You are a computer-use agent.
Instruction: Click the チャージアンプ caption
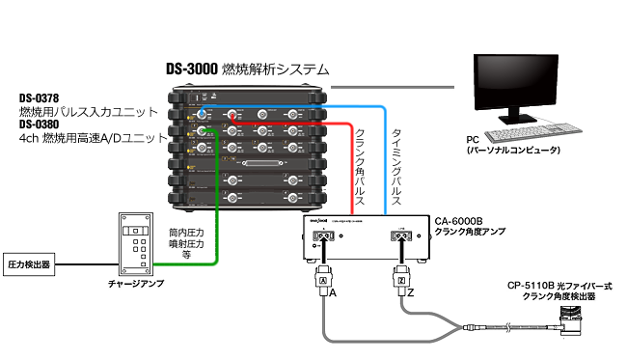coord(136,286)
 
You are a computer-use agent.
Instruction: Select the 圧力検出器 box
coord(28,263)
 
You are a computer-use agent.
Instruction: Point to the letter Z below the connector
coord(409,292)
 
